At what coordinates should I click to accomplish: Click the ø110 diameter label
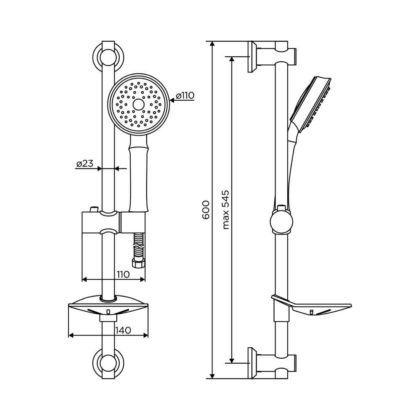185,96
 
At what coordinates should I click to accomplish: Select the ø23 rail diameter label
85,164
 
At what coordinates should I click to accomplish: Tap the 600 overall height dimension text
206,210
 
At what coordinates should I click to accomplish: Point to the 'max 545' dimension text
226,210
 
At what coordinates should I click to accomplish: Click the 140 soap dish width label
123,330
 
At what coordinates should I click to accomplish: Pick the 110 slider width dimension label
123,274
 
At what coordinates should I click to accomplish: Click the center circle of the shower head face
139,104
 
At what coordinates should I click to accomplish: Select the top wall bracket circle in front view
108,57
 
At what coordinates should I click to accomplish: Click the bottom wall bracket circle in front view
108,363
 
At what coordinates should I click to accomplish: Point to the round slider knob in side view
281,222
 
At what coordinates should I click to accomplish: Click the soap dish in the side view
311,305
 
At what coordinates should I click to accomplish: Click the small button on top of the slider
94,209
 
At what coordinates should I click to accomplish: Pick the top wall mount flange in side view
252,57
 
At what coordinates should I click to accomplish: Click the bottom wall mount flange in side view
252,363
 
